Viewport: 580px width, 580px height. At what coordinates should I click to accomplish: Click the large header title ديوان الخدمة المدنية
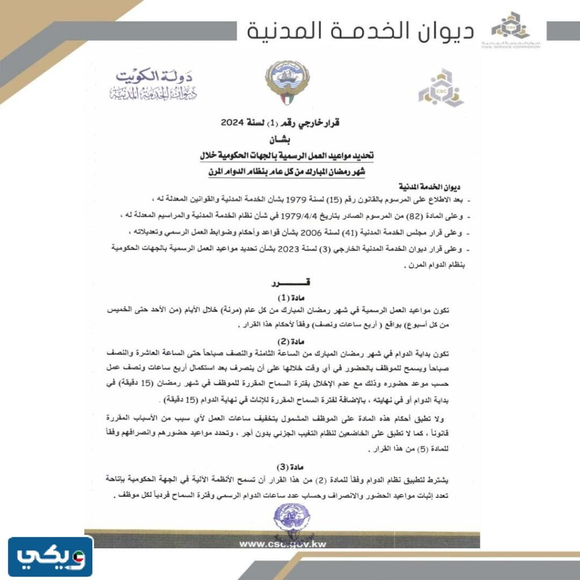tap(361, 31)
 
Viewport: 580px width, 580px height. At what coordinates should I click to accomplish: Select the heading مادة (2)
tap(282, 341)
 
